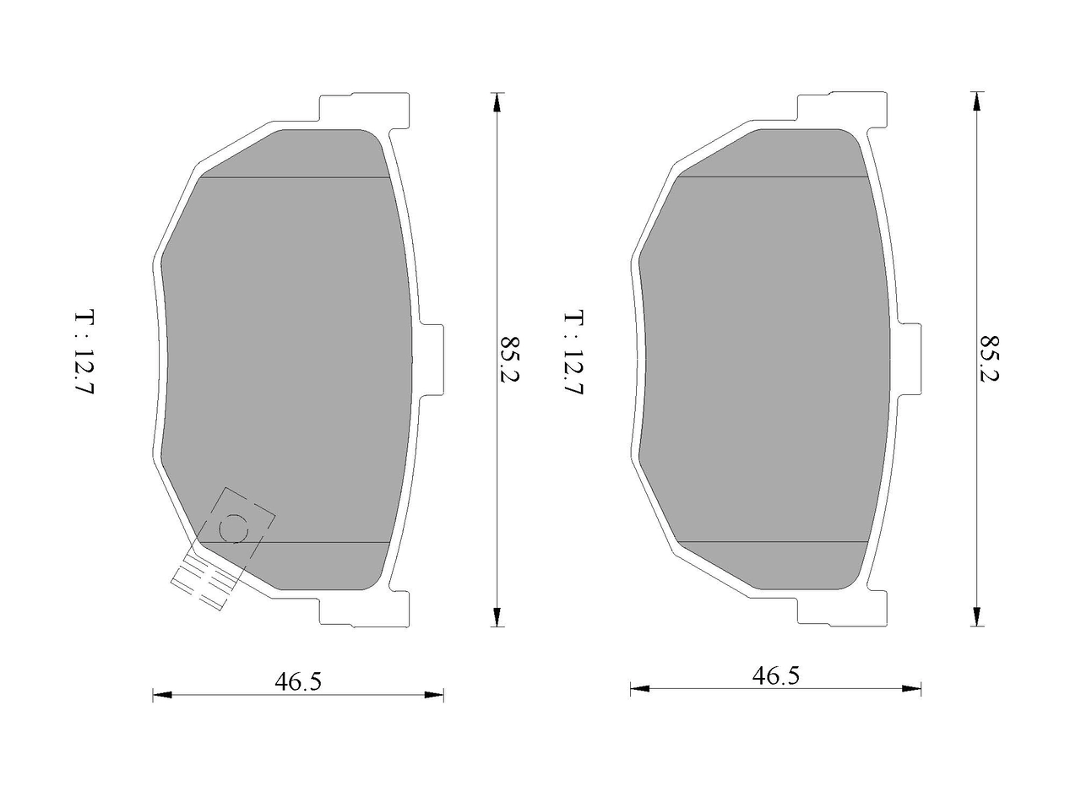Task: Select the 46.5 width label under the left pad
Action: point(298,681)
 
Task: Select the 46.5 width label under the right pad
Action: point(775,675)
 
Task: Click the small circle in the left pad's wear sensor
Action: point(234,529)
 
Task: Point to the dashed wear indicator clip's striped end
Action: point(204,583)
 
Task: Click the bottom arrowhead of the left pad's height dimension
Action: point(497,616)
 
